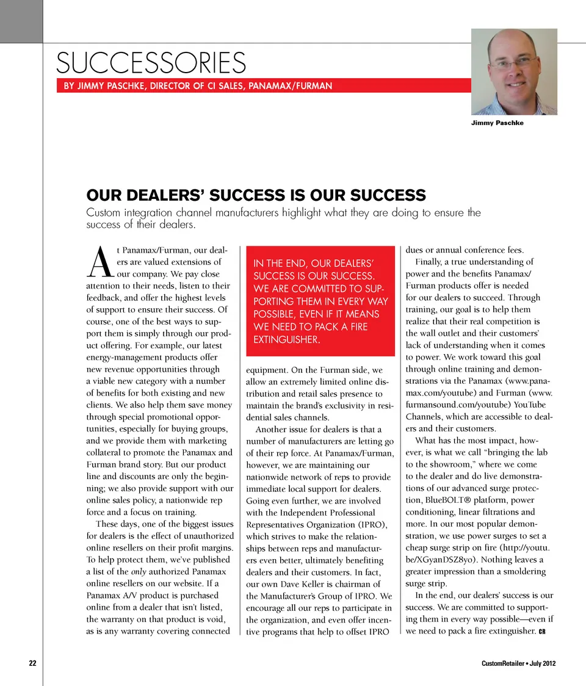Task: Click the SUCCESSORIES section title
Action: (x=151, y=63)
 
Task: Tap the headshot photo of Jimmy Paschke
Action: (x=514, y=71)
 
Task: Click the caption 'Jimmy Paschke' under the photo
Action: (x=497, y=123)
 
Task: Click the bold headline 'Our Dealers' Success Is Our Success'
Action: (x=256, y=195)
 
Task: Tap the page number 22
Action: (x=33, y=663)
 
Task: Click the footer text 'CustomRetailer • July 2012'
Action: (x=518, y=663)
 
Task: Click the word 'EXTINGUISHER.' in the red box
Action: (x=286, y=339)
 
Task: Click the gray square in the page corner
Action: (x=21, y=21)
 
